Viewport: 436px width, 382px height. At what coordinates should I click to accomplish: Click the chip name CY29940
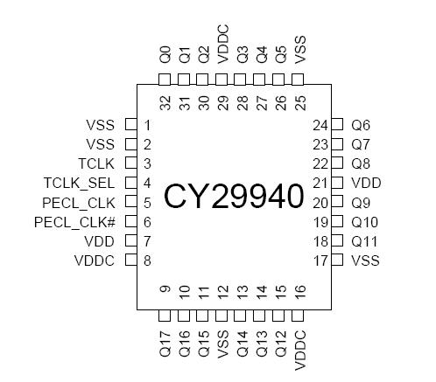point(234,194)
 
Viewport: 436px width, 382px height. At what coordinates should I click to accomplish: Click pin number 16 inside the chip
point(300,293)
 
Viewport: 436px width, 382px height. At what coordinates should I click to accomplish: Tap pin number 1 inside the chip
point(148,125)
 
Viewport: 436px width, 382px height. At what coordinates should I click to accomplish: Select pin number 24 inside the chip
point(320,125)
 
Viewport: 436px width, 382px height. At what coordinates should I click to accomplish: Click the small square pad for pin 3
point(130,163)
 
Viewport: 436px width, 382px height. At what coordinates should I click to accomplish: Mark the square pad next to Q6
point(338,125)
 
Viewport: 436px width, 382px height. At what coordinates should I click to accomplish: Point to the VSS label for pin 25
point(300,53)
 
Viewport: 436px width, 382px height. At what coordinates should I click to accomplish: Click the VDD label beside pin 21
point(366,184)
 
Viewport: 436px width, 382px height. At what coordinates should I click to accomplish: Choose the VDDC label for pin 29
point(223,50)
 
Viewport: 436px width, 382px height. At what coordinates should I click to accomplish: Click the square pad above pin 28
point(243,79)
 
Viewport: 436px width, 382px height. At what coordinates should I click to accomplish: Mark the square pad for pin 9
point(165,314)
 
